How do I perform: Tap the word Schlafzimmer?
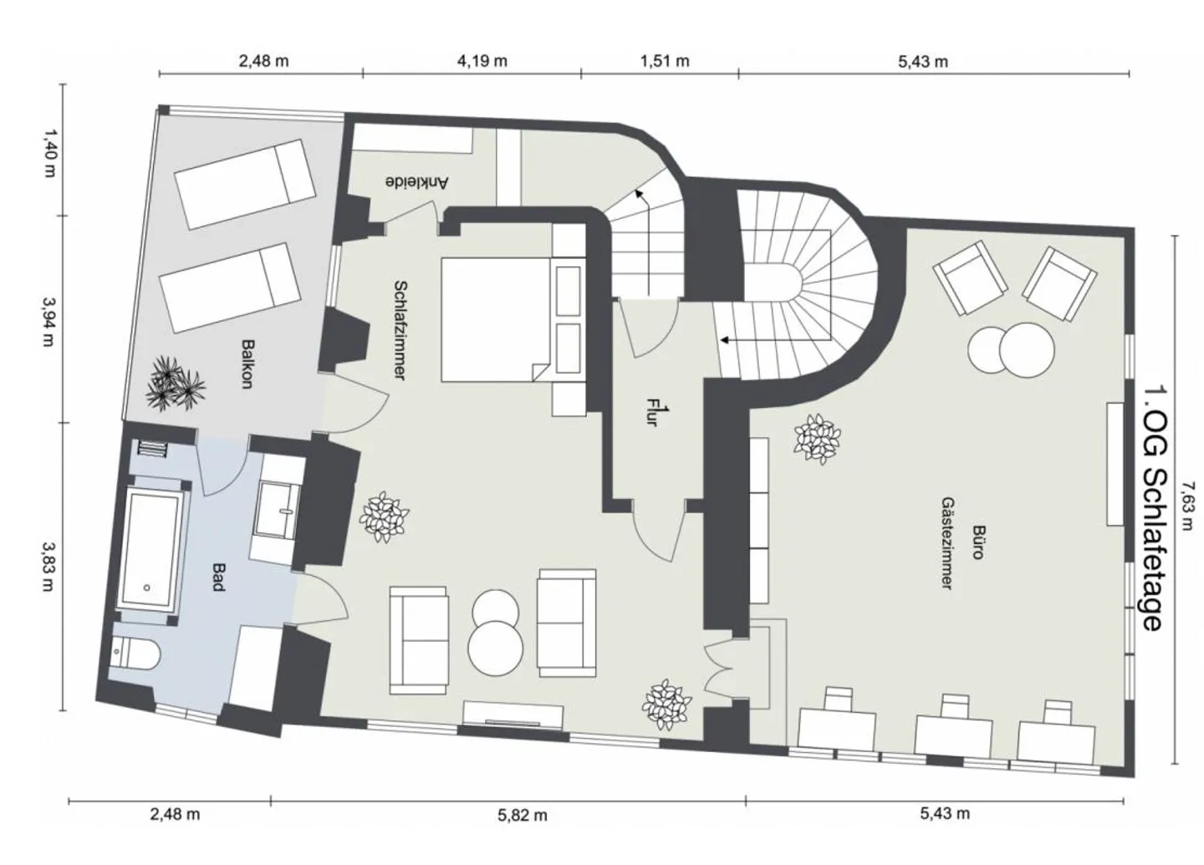point(400,330)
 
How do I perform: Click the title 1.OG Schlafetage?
point(1152,507)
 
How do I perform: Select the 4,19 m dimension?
point(481,61)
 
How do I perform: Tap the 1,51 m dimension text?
point(665,61)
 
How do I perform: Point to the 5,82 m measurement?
point(523,815)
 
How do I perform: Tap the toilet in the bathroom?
point(134,650)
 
